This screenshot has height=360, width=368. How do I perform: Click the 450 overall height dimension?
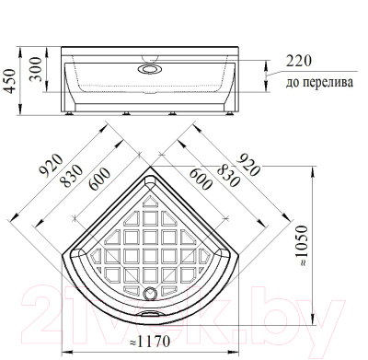(10, 81)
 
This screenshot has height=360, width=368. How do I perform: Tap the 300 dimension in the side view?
(36, 69)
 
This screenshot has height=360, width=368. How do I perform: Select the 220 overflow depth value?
(298, 61)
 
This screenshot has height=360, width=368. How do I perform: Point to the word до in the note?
(292, 83)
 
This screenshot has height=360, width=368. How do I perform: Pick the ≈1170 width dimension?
(150, 342)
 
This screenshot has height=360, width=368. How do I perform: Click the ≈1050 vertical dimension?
(303, 246)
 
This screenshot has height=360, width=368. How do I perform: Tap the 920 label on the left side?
(52, 166)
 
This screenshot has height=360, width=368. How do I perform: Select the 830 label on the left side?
(72, 176)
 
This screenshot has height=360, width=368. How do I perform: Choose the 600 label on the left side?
(99, 179)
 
